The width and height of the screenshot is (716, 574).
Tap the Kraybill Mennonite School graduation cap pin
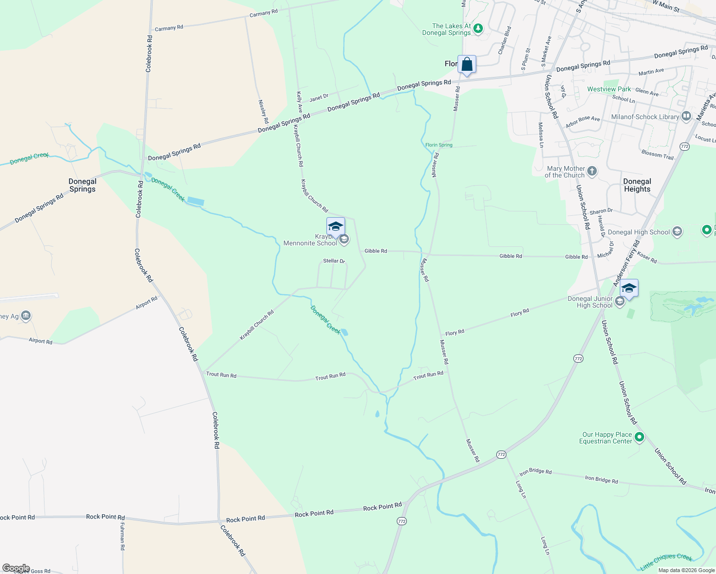click(336, 227)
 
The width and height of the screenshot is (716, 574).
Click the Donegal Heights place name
click(637, 185)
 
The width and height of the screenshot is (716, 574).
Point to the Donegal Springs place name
click(82, 185)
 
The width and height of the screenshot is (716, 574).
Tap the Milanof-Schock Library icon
click(686, 116)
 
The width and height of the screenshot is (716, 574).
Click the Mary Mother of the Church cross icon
click(592, 171)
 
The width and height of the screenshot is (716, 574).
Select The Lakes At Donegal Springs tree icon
click(478, 29)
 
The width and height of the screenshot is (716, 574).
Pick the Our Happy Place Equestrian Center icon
click(639, 437)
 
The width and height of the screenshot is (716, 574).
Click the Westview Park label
click(609, 89)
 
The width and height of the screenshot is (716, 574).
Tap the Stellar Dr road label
click(334, 261)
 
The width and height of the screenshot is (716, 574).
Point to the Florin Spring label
click(439, 145)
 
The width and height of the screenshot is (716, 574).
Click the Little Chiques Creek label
click(666, 562)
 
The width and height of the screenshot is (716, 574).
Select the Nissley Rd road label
click(262, 111)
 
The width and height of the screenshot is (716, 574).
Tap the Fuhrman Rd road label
click(122, 536)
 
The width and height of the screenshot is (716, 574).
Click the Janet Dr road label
click(319, 98)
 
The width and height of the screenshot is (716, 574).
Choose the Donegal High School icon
click(677, 232)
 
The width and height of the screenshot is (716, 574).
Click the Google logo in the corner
click(16, 568)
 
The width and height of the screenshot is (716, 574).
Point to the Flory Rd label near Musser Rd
click(455, 332)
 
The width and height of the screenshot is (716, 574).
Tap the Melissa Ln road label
click(541, 135)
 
